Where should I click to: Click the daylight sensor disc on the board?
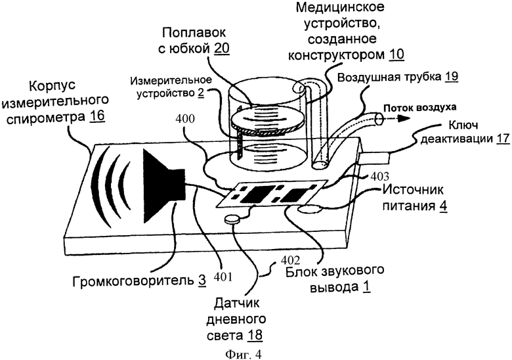232,221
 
